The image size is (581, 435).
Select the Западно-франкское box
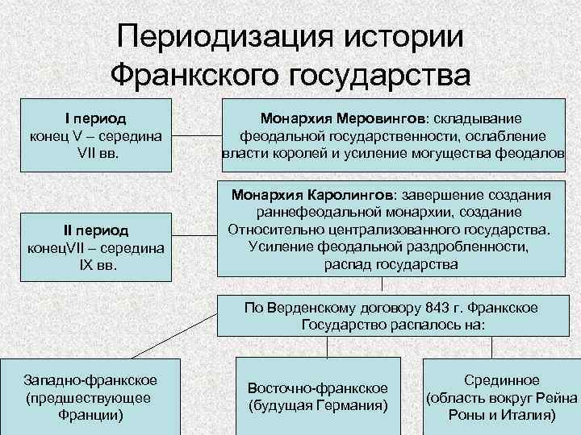pos(91,396)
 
